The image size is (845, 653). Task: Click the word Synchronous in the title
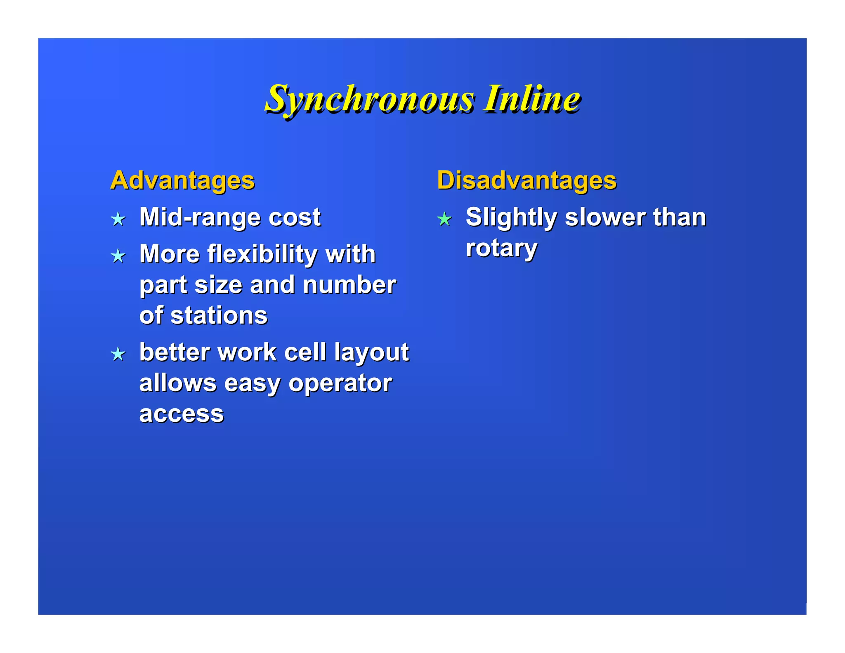click(x=369, y=99)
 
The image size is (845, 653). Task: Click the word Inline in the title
click(x=532, y=99)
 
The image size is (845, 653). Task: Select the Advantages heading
click(x=182, y=180)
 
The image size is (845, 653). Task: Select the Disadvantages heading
click(x=526, y=180)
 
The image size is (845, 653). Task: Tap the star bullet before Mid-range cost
click(x=118, y=219)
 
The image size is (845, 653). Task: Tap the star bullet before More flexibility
click(x=118, y=256)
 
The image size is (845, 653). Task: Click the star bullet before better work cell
click(x=118, y=354)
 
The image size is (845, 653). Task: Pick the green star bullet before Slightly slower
click(x=444, y=219)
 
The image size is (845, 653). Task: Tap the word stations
click(x=219, y=316)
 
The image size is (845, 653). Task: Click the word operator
click(x=340, y=384)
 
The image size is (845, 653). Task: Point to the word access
click(x=182, y=414)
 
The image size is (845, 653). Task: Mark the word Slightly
click(x=511, y=218)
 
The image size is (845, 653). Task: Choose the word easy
click(x=252, y=384)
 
